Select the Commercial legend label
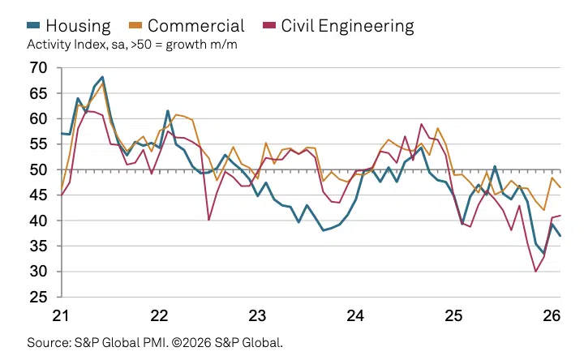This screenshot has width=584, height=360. pyautogui.click(x=195, y=25)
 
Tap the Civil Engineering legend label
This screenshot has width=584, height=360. pyautogui.click(x=347, y=25)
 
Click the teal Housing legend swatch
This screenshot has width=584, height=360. pyautogui.click(x=34, y=26)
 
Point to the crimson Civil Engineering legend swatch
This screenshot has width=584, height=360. pyautogui.click(x=269, y=26)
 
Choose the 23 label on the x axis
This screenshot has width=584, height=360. pyautogui.click(x=258, y=316)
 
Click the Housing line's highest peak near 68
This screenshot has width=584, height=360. pyautogui.click(x=102, y=77)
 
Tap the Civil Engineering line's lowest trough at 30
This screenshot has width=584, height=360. pyautogui.click(x=535, y=271)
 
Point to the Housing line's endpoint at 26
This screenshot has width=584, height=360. pyautogui.click(x=560, y=236)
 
